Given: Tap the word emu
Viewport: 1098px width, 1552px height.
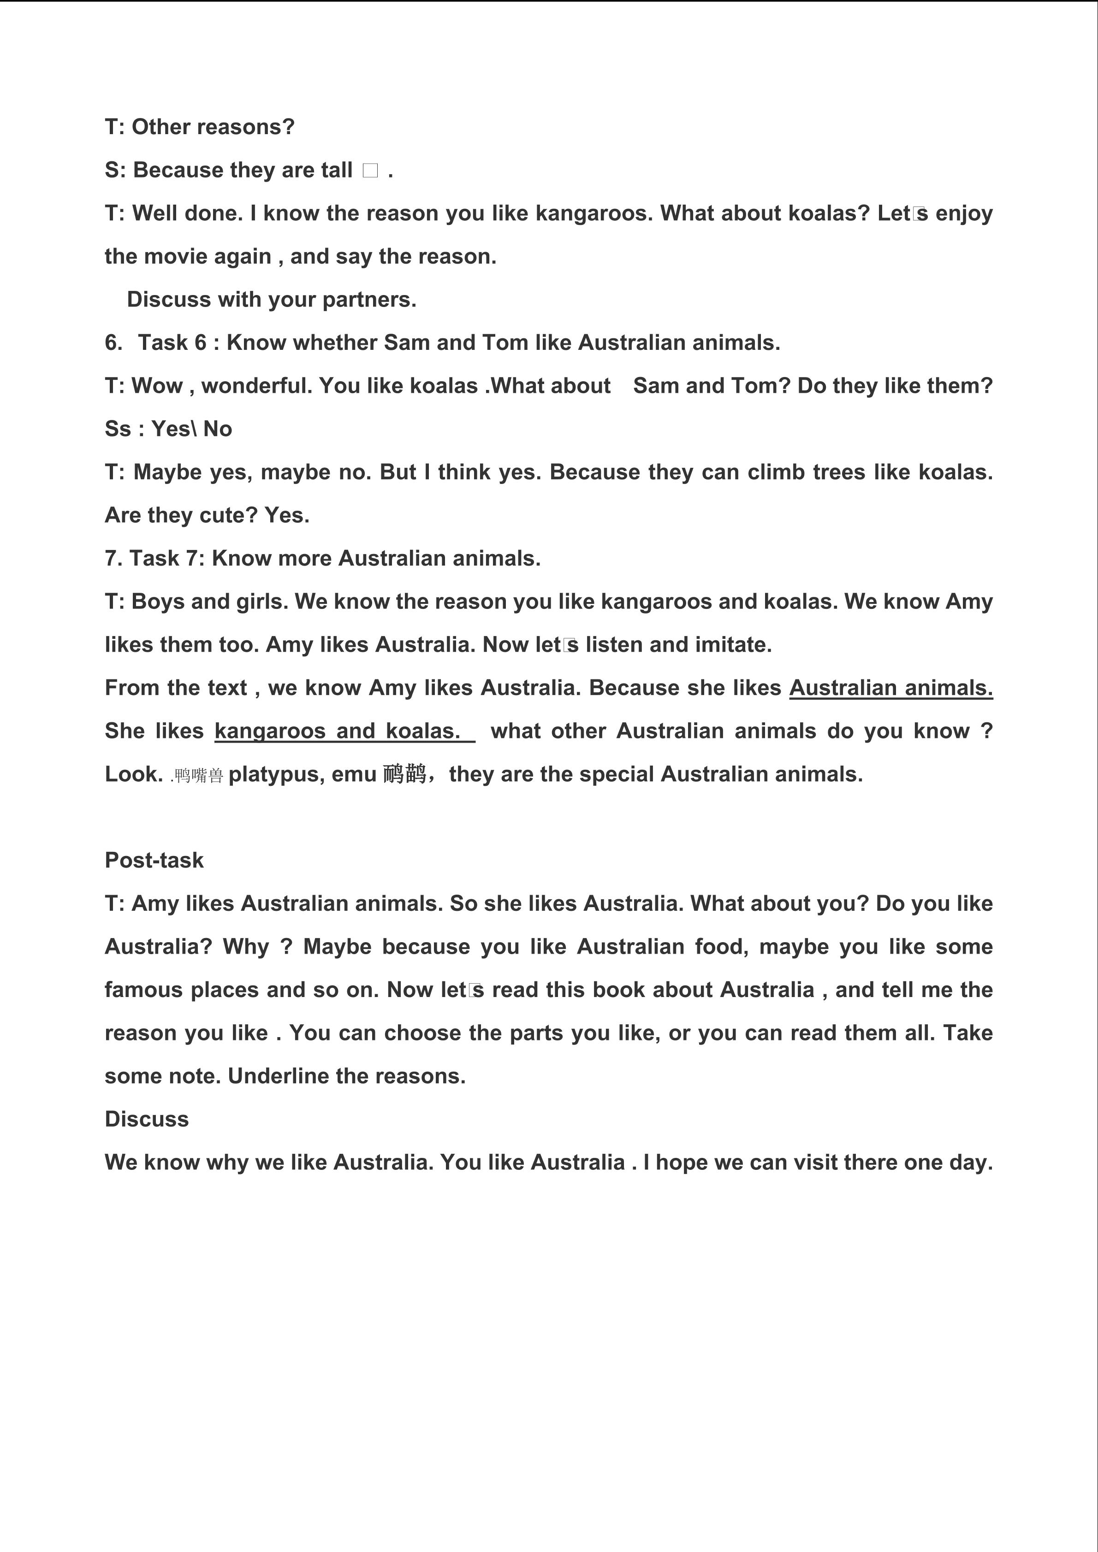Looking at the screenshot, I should click(x=354, y=774).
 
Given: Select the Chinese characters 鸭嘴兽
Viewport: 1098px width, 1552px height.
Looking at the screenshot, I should click(x=198, y=775).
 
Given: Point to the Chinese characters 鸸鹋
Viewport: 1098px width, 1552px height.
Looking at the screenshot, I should click(x=404, y=773).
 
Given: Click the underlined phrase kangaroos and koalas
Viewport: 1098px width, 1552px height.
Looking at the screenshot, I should click(x=338, y=731).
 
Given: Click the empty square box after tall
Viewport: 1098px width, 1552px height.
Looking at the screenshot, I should click(x=370, y=171).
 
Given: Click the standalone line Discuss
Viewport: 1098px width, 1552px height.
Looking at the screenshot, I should click(x=147, y=1119).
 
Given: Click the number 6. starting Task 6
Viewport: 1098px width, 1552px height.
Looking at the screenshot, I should click(x=113, y=342).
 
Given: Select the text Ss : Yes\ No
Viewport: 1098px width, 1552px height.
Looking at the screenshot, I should click(x=168, y=429).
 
